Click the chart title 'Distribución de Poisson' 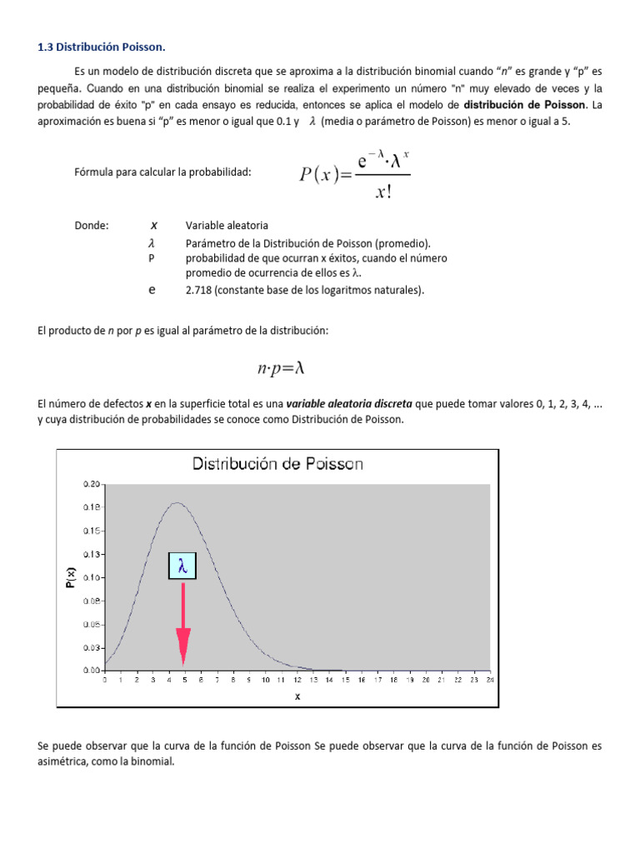click(277, 464)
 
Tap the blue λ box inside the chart click(183, 566)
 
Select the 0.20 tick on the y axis click(92, 484)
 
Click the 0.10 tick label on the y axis click(92, 577)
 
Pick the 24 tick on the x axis click(490, 681)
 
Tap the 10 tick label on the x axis click(265, 681)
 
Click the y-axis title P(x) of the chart click(72, 577)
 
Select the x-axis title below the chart click(297, 696)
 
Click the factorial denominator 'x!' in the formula click(384, 192)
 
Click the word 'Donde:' click(92, 226)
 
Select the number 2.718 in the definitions click(201, 291)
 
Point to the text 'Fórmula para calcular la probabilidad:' click(162, 172)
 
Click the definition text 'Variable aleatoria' click(227, 226)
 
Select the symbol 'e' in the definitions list click(152, 291)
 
